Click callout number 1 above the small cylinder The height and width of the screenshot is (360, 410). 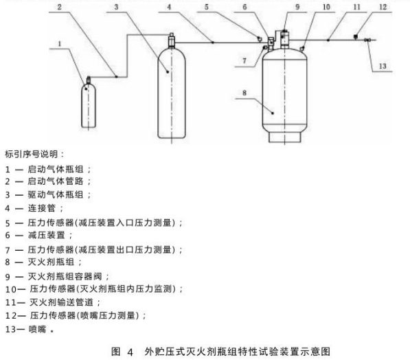(x=60, y=44)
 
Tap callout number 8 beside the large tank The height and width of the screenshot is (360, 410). (x=244, y=93)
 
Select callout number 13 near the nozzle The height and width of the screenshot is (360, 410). (x=383, y=66)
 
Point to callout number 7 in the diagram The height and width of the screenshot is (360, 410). (x=244, y=60)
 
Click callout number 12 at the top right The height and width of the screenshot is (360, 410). (x=383, y=7)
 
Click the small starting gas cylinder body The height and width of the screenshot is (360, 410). (x=89, y=106)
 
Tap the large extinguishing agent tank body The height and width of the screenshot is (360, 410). (x=284, y=91)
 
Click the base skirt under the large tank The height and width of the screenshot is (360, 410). (x=284, y=137)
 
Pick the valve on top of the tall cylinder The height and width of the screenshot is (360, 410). (x=172, y=41)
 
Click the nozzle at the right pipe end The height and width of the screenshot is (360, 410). (x=367, y=40)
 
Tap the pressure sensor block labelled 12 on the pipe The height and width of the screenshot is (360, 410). (x=356, y=36)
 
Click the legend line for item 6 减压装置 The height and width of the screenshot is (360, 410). (x=38, y=235)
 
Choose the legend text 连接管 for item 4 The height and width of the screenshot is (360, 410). (x=41, y=208)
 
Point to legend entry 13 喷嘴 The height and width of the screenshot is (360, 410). (x=30, y=329)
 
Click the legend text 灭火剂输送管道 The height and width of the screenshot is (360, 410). (x=61, y=302)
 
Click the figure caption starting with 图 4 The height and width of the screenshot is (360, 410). (x=220, y=351)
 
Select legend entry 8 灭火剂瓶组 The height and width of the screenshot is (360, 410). (x=43, y=262)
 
